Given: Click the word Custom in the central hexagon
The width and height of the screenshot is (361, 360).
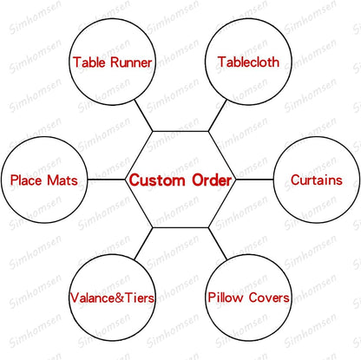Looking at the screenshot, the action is click(x=157, y=180).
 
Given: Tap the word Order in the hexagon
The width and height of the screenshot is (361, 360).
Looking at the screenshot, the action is click(x=212, y=180).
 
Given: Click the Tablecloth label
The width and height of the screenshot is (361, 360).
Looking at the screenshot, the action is click(x=248, y=62).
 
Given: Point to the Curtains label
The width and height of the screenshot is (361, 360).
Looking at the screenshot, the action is click(x=317, y=180).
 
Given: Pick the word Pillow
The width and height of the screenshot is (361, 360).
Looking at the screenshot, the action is click(x=226, y=298).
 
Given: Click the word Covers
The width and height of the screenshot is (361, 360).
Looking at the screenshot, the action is click(x=269, y=298).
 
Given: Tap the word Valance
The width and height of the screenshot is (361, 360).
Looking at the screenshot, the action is click(x=92, y=298).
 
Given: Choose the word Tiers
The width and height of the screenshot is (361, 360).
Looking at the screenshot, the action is click(x=140, y=298).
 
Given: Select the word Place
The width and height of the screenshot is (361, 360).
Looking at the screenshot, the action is click(x=26, y=180).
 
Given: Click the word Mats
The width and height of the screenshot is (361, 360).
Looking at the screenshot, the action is click(x=62, y=180).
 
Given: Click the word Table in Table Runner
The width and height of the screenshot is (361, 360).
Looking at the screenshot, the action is click(x=89, y=62).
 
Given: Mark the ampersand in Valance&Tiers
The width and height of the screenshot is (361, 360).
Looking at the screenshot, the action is click(x=120, y=298).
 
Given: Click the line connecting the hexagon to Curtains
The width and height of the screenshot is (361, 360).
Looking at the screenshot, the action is click(x=254, y=180).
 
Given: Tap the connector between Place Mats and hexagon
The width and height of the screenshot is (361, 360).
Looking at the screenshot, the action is click(x=106, y=180).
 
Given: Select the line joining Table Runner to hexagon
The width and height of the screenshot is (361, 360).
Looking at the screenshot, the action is click(x=143, y=115).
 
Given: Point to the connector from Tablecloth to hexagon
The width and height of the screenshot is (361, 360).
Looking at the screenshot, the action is click(x=218, y=115).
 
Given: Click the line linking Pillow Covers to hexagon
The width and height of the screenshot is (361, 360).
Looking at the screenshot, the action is click(x=218, y=243).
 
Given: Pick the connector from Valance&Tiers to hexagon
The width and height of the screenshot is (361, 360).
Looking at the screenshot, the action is click(x=143, y=243).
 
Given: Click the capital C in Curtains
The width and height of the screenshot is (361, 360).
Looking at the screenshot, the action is click(x=296, y=180).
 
